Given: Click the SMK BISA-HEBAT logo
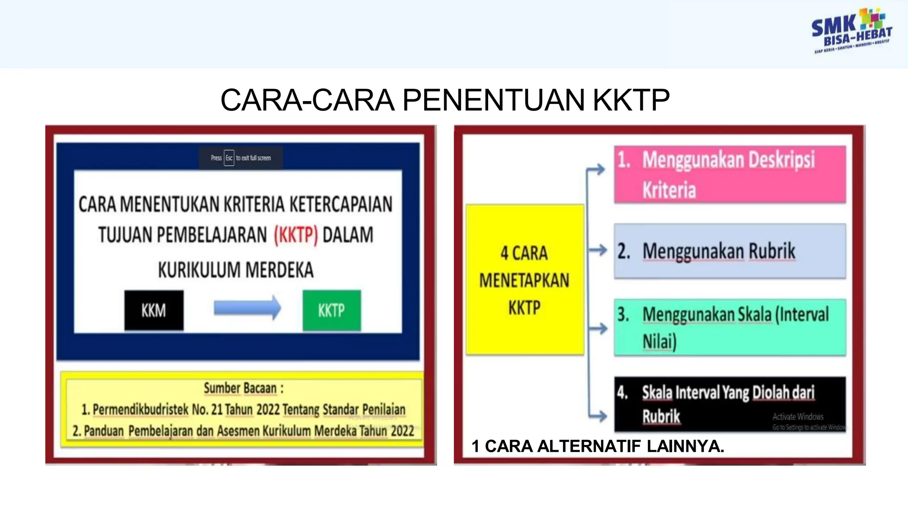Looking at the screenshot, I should coord(851,31).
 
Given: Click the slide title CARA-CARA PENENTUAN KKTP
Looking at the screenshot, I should coord(445,100).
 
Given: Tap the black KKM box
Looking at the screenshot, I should coord(154,310).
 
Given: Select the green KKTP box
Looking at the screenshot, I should coord(332,310).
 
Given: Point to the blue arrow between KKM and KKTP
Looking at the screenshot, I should coord(247,307).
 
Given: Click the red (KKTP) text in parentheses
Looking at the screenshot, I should coord(296,235).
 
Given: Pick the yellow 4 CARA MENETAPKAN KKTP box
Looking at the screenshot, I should coord(524,279).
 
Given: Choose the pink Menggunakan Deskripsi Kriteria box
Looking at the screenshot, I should coord(730,174).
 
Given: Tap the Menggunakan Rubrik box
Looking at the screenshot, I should coord(730,251).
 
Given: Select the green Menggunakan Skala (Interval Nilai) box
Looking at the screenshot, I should coord(730,327).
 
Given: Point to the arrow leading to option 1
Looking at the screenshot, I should coord(597,169).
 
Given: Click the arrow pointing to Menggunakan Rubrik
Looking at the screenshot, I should coord(599,250).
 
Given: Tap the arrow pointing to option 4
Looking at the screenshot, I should coord(599,416).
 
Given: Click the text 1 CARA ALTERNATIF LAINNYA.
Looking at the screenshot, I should coord(598,446).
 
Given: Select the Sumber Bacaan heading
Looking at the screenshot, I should coord(243,388).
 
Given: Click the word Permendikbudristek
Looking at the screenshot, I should coord(141,409).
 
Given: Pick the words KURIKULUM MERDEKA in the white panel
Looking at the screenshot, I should coord(236,270).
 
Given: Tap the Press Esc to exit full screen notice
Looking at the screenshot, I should coord(241,158).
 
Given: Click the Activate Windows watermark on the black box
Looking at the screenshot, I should coord(798,417).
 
